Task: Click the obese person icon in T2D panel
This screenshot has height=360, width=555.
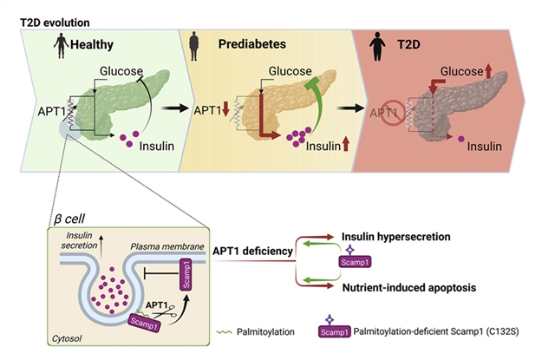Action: click(378, 43)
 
